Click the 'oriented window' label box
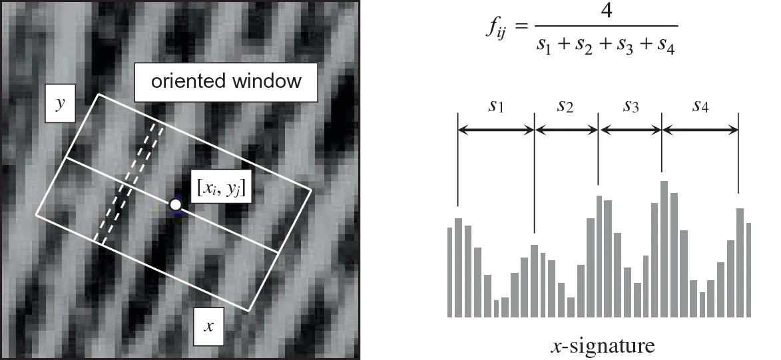(226, 82)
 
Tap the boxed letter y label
(59, 104)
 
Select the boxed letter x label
(208, 327)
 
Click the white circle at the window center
(175, 205)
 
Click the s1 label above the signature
(495, 106)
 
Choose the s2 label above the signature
(566, 106)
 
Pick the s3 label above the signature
(631, 106)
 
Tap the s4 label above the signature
(700, 106)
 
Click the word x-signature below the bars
(603, 346)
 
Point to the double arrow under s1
(496, 130)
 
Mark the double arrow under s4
(700, 130)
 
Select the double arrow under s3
(631, 130)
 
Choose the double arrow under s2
(567, 130)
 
